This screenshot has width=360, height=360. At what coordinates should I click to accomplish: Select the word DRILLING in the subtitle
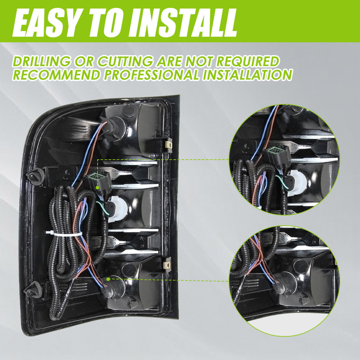pos(42,62)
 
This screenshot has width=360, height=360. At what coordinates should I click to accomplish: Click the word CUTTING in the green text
pos(125,62)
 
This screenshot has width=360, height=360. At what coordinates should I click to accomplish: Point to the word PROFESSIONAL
pos(152,75)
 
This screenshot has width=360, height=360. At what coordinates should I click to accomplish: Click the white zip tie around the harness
pos(64,234)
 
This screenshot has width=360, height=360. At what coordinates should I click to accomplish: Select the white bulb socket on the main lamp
pos(117,208)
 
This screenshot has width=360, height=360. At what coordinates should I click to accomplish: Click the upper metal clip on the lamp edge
pos(169,145)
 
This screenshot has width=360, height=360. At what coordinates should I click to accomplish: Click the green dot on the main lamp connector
pos(98,188)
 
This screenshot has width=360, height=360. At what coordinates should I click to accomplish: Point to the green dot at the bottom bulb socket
pos(108,279)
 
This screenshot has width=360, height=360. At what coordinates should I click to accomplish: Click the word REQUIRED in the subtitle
pos(248,62)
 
